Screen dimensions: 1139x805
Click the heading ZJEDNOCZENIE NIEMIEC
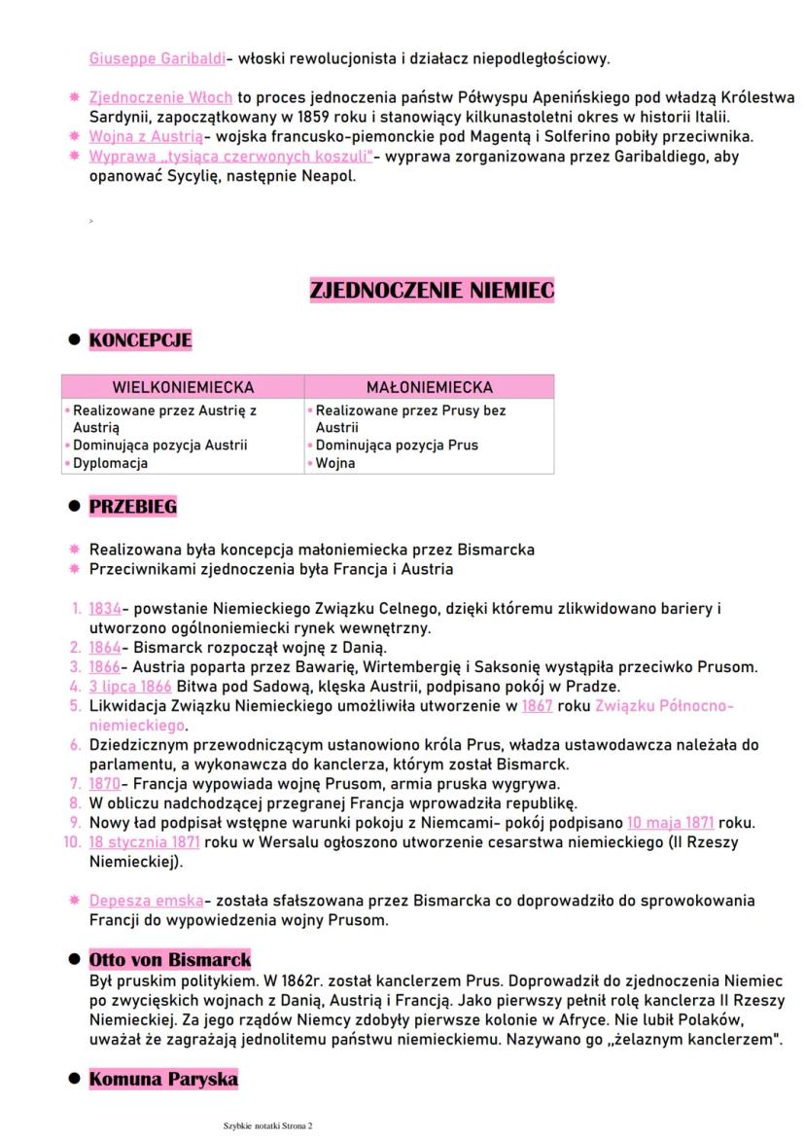coord(432,290)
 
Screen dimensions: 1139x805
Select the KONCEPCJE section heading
coord(140,340)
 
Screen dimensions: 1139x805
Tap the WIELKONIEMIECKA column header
coord(183,387)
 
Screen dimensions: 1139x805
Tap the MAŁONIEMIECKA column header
coord(429,387)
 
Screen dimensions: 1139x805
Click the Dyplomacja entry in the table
coord(110,463)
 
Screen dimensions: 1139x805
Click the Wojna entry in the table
coord(335,463)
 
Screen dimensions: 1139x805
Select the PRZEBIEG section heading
coord(133,507)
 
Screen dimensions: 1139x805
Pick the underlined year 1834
coord(104,609)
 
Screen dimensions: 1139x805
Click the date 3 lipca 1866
coord(129,686)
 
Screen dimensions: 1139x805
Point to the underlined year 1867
coord(537,705)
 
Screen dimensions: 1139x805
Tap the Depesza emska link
coord(147,901)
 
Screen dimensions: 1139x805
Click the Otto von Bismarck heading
coord(169,959)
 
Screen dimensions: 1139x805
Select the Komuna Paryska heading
coord(163,1079)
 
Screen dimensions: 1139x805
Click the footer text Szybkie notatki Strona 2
coord(267,1125)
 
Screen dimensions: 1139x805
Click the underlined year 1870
coord(104,783)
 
